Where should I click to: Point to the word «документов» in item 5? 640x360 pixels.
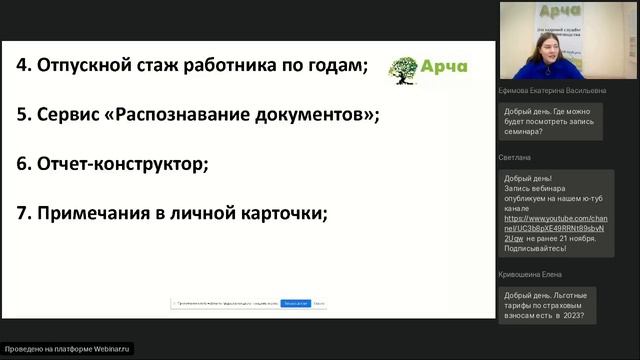pos(307,115)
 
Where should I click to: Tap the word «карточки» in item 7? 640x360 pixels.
pos(284,212)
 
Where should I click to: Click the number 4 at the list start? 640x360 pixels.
pos(22,68)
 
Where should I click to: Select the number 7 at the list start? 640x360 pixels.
pos(22,212)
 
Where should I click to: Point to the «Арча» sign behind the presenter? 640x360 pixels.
pos(567,13)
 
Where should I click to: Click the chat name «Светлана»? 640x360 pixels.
pos(514,157)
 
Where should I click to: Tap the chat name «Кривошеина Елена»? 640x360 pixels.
pos(530,274)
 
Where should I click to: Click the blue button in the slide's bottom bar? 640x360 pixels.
pos(294,302)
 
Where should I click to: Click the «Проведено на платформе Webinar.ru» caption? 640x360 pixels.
pos(68,349)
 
